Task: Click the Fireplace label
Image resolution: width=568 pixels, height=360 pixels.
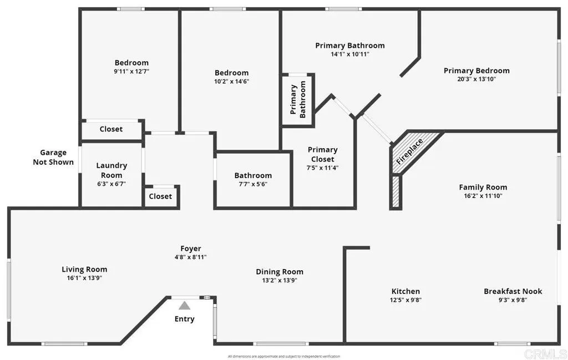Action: tap(410, 151)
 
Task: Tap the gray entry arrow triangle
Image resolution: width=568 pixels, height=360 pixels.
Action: tap(184, 306)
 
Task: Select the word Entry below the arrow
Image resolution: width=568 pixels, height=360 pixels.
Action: tap(184, 319)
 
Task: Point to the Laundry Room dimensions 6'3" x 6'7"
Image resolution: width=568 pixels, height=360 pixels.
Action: tap(111, 184)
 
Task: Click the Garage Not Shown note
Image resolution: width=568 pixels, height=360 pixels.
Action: tap(53, 157)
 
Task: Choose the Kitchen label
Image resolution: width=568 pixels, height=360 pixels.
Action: tap(405, 291)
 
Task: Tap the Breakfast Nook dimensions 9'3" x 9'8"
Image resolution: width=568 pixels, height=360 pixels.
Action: tap(513, 300)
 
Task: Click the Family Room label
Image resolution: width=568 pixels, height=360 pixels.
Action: tap(483, 187)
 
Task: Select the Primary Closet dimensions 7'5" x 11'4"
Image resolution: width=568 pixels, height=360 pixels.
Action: tap(322, 168)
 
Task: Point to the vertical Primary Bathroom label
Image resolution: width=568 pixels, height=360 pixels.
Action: tap(298, 99)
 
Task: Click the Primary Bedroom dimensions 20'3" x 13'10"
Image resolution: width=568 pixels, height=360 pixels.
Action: tap(476, 79)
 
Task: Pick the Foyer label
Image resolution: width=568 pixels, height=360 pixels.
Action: tap(191, 249)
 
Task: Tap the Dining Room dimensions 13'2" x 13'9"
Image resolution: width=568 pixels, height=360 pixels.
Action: tap(280, 280)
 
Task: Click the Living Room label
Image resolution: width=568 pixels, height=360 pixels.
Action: tap(84, 269)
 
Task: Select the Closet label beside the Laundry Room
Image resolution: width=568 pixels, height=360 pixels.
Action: tap(160, 196)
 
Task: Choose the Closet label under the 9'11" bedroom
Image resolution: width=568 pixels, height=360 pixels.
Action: tap(111, 129)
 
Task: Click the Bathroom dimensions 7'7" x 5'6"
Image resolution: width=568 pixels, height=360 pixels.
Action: tap(253, 184)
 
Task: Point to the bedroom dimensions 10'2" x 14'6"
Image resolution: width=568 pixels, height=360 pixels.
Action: tap(231, 82)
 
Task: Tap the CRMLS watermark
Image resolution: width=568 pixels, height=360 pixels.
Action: tap(545, 354)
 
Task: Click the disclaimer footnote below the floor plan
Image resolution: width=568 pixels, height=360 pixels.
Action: tap(284, 356)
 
